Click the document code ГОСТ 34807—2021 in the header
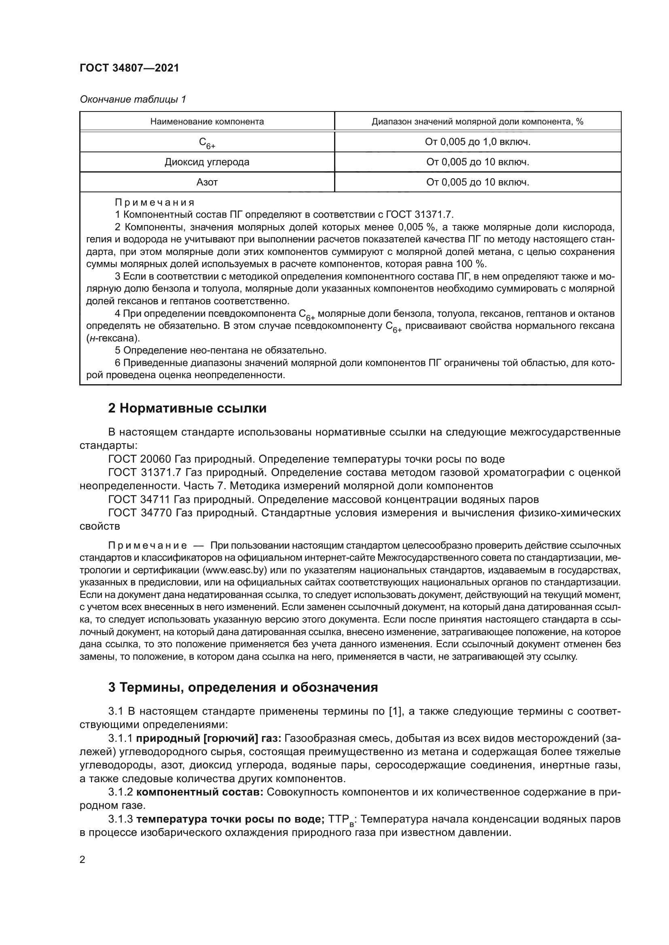pos(129,68)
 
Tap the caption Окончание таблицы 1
pos(133,99)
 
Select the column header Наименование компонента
pos(207,122)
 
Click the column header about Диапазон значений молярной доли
pos(477,122)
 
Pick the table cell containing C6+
pos(207,142)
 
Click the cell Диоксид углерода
pos(207,162)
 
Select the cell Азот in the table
pos(207,182)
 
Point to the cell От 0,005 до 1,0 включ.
pos(477,141)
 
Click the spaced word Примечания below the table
pos(155,202)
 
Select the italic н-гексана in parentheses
pos(113,338)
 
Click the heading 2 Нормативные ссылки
pos(187,408)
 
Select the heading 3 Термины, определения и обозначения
pos(243,687)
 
